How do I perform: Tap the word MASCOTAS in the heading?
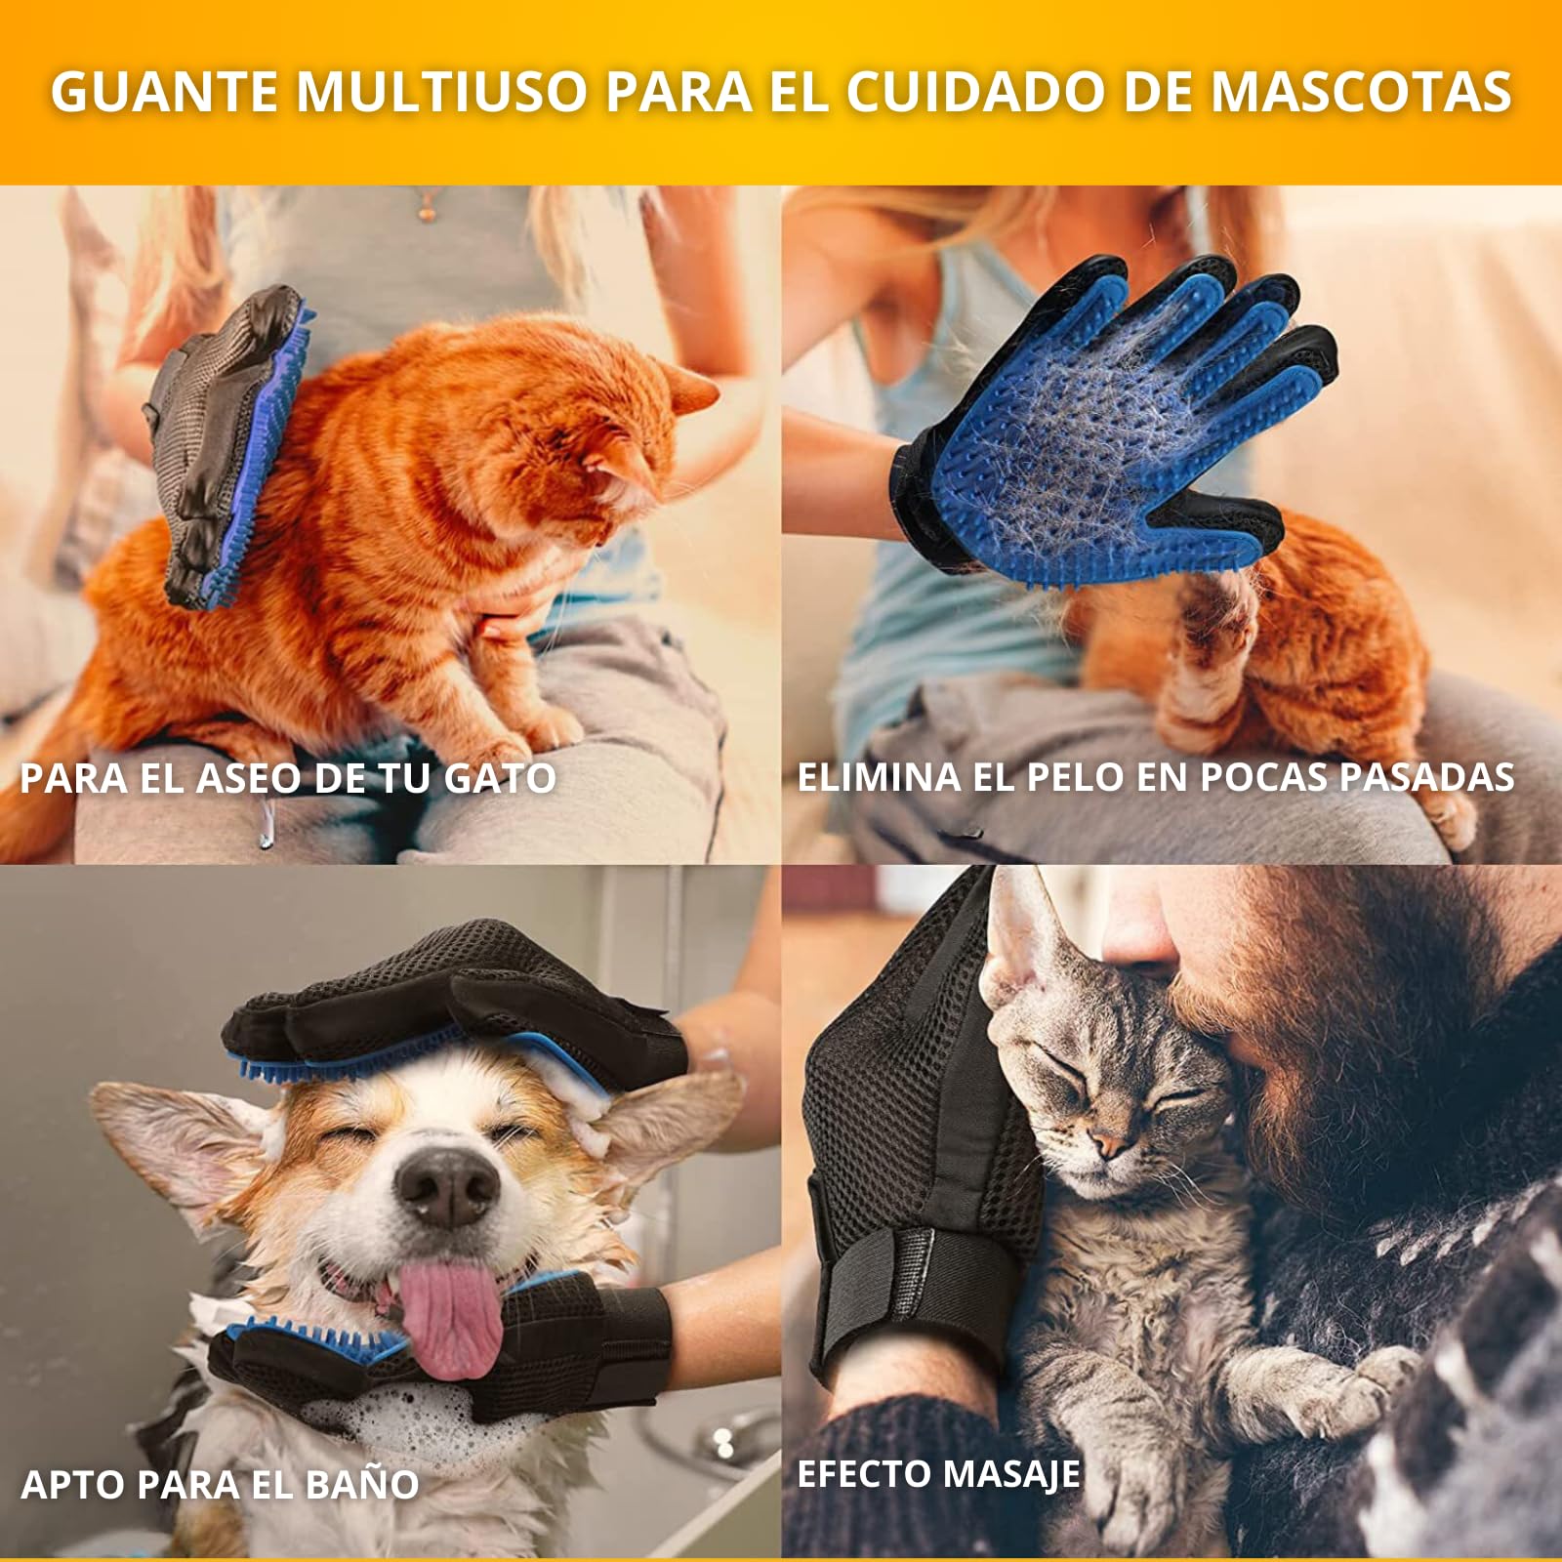click(x=1361, y=91)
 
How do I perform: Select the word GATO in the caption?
click(x=500, y=778)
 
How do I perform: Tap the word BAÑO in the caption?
click(x=362, y=1485)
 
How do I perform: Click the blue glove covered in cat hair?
click(x=1113, y=430)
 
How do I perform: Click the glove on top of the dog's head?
click(x=449, y=1006)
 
